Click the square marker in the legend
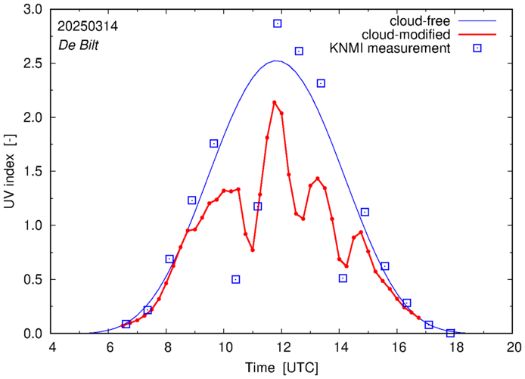[477, 48]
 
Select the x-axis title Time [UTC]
[282, 368]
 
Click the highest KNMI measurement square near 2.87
[278, 23]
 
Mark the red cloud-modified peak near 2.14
[274, 102]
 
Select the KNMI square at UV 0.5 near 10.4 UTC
[236, 279]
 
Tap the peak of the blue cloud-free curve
[276, 61]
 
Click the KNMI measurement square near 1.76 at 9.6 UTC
[214, 143]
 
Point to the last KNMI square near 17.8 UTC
[450, 333]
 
